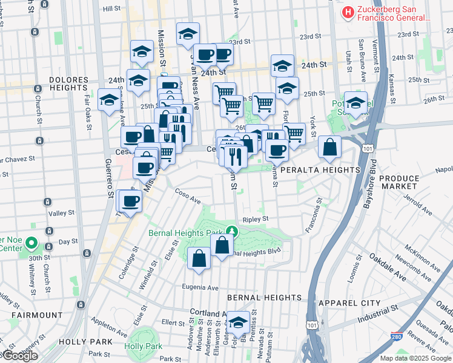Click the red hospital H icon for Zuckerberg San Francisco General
pyautogui.click(x=348, y=12)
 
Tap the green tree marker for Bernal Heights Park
pyautogui.click(x=231, y=231)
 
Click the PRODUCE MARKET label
pyautogui.click(x=408, y=184)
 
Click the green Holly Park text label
pyautogui.click(x=144, y=347)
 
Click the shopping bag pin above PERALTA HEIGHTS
pyautogui.click(x=329, y=148)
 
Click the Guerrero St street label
pyautogui.click(x=110, y=178)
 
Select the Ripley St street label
pyautogui.click(x=255, y=219)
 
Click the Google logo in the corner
pyautogui.click(x=21, y=356)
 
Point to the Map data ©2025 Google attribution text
pyautogui.click(x=415, y=358)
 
